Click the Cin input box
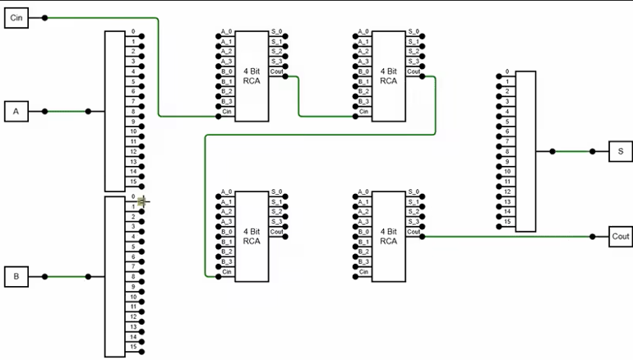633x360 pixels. coord(16,18)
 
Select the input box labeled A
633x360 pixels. coord(16,112)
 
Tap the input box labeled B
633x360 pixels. coord(16,277)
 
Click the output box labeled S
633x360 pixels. coord(620,151)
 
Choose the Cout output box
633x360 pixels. coord(620,236)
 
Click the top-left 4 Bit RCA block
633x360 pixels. coord(252,76)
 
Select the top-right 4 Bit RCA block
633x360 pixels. coord(389,76)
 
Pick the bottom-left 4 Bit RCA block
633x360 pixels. coord(252,237)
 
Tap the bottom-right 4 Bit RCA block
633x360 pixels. coord(389,237)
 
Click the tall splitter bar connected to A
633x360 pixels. coord(114,111)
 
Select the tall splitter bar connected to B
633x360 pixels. coord(114,276)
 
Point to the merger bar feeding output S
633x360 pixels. coord(525,151)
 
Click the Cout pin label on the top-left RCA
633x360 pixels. coord(277,72)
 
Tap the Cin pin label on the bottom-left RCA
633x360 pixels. coord(227,272)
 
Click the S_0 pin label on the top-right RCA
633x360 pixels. coord(414,31)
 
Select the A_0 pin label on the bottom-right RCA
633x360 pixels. coord(363,192)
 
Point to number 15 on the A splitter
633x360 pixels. coord(132,182)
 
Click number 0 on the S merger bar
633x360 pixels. coord(508,72)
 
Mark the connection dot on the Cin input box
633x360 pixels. coord(44,17)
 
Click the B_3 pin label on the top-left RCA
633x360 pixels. coord(226,101)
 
